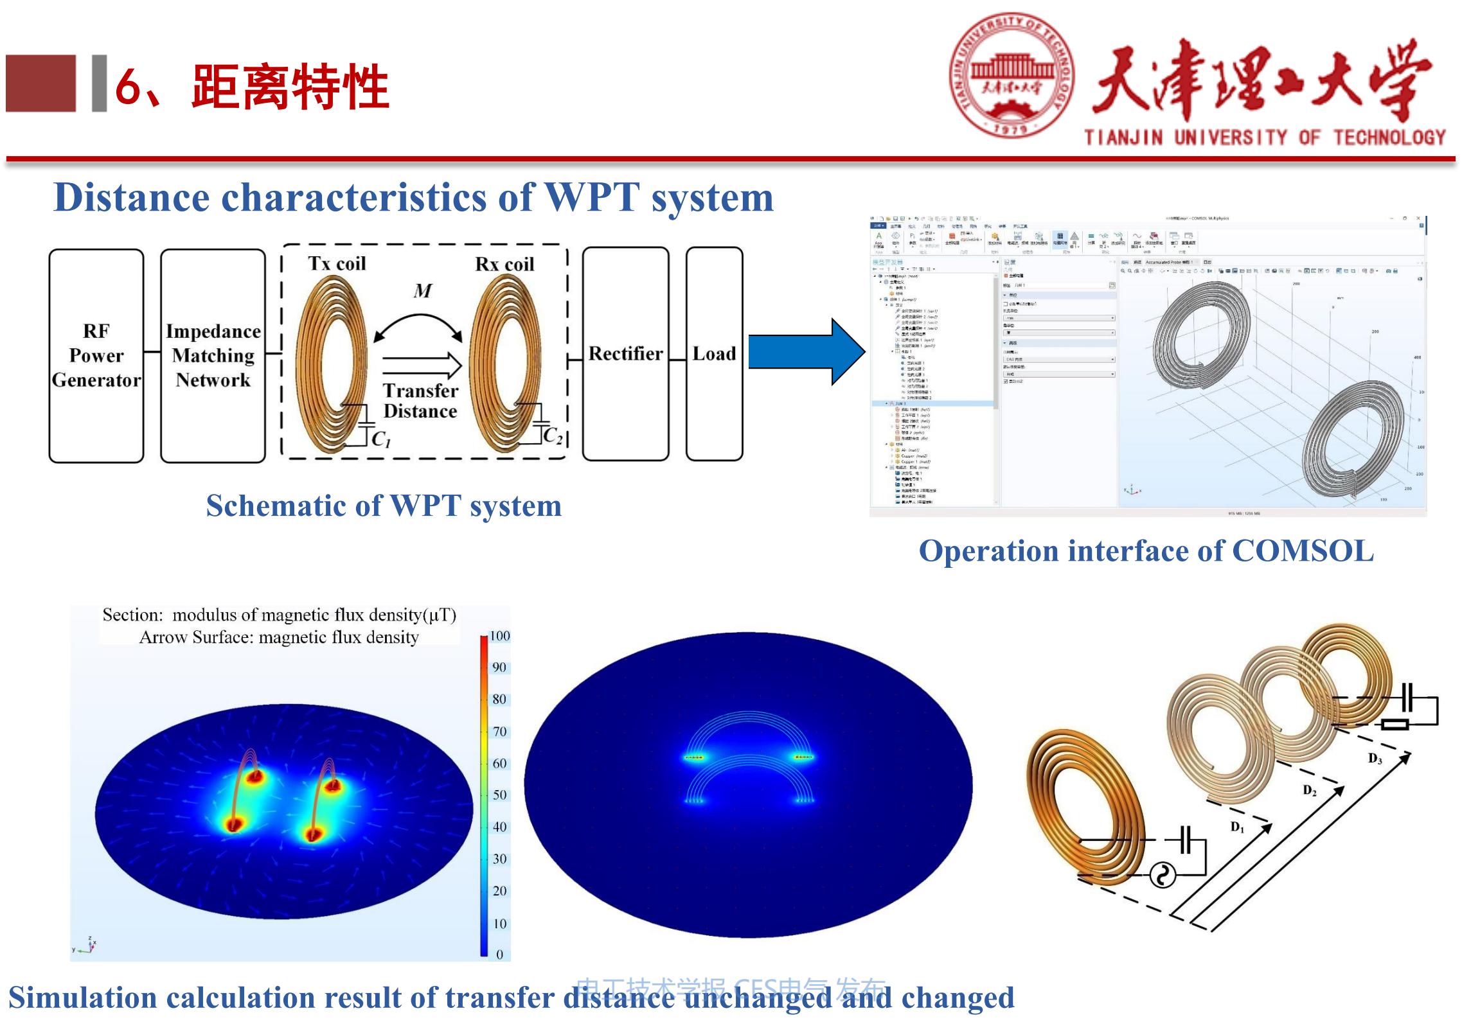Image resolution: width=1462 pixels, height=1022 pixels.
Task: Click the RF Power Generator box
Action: point(96,355)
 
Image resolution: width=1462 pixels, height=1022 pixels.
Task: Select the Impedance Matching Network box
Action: point(213,355)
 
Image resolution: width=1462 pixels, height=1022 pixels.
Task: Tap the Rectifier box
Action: point(625,354)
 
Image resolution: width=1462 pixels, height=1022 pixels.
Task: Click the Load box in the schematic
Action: point(714,354)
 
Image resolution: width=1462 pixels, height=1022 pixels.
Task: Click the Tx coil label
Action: point(337,263)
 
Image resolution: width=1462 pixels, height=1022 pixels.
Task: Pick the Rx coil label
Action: point(504,264)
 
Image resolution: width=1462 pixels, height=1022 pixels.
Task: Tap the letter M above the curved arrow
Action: point(422,291)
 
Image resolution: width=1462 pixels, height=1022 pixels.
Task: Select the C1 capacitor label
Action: point(381,439)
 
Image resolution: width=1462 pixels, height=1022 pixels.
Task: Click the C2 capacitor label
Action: point(553,436)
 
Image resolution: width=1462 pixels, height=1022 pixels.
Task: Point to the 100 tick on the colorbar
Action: point(499,636)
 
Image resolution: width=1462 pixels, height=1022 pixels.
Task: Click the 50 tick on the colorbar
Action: point(499,795)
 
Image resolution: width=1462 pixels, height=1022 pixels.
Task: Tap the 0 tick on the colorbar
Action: point(499,955)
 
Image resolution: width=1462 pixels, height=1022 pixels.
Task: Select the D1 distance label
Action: point(1237,827)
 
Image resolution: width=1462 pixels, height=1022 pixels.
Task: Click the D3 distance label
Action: point(1375,759)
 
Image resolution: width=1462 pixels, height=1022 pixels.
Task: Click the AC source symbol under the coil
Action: point(1162,875)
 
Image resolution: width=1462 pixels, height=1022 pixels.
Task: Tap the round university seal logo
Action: point(1012,76)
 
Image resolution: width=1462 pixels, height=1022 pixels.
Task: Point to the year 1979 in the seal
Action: point(1012,128)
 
